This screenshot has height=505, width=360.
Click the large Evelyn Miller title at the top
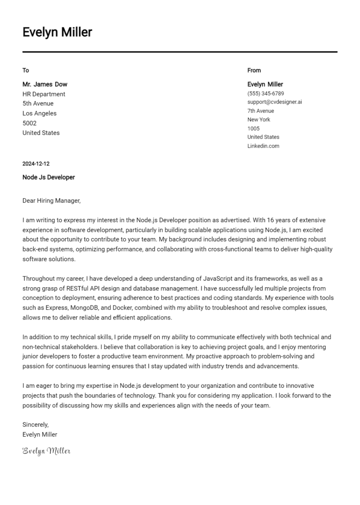57,32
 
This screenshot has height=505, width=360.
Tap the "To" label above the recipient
26,70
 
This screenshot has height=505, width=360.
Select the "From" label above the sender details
254,70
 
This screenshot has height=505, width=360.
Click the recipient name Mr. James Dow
45,84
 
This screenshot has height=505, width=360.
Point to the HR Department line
44,94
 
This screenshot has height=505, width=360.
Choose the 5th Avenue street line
38,104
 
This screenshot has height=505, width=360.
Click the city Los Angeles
39,113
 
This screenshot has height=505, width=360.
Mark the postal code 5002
30,123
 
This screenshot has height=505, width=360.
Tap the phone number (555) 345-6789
265,94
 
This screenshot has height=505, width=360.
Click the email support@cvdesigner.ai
275,102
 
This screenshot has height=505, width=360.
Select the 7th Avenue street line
261,111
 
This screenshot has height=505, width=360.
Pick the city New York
259,119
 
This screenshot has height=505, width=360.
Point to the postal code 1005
253,128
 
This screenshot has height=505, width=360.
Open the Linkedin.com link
263,146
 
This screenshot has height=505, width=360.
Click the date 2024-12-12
36,164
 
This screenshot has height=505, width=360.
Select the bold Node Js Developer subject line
49,178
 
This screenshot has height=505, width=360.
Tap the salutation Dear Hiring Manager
52,201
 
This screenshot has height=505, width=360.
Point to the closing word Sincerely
36,424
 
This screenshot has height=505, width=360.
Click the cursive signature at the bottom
46,451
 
